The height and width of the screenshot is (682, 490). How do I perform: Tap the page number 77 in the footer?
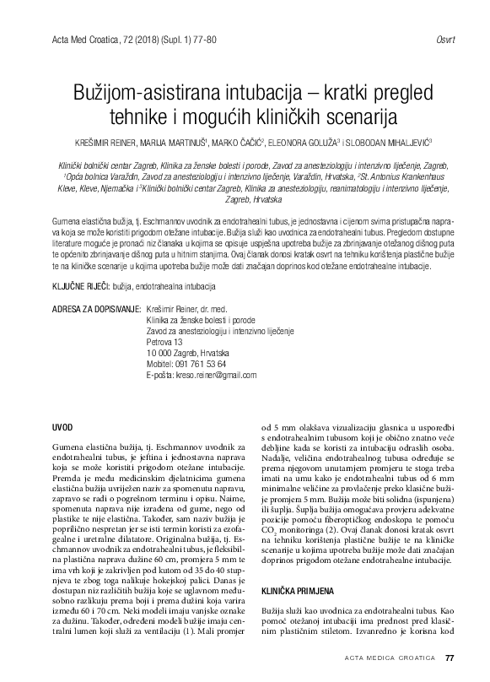click(x=449, y=658)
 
